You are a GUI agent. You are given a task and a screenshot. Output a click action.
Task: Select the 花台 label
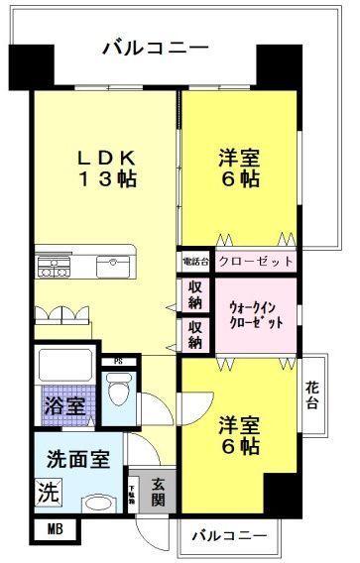coord(313,395)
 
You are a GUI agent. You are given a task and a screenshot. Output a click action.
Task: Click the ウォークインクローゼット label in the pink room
coord(256,314)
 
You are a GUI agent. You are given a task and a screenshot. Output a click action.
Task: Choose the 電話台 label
coord(192,262)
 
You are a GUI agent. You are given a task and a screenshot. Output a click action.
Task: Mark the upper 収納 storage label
coord(195,294)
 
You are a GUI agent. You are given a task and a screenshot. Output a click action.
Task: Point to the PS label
coord(118,361)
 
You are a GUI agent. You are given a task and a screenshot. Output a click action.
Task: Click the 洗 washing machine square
coord(48,491)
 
